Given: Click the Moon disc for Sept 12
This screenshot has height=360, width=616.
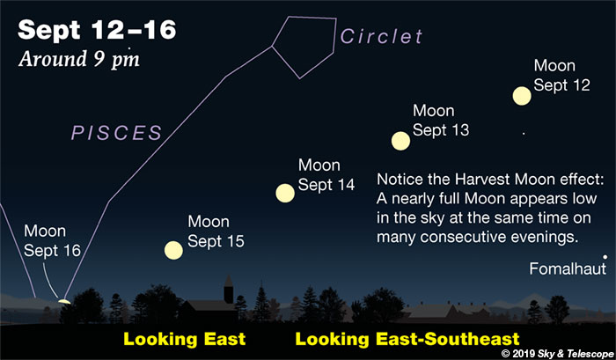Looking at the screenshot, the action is (x=522, y=96).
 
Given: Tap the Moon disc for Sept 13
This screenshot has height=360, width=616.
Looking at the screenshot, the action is (x=400, y=141).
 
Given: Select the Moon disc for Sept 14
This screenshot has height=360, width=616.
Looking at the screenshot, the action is (x=285, y=193).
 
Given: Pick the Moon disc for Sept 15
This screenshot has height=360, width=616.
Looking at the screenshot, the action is (x=173, y=250).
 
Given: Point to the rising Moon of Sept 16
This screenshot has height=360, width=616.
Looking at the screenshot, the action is (x=64, y=302).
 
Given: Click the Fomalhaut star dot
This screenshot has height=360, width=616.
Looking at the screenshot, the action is (x=605, y=257).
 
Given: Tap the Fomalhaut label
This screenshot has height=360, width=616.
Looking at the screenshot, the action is (x=568, y=268).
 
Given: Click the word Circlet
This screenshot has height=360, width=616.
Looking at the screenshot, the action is (x=381, y=36).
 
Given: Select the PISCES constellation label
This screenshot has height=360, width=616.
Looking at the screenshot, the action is (x=117, y=133).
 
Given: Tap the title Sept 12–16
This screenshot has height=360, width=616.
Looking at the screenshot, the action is (x=97, y=30).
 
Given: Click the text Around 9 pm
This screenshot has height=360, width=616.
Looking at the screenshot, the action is (x=79, y=59).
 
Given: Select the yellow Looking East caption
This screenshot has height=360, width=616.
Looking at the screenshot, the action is (x=184, y=339).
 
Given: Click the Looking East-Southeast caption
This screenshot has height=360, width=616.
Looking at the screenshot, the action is (x=407, y=339).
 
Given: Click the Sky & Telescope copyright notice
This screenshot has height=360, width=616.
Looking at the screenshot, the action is (x=558, y=353).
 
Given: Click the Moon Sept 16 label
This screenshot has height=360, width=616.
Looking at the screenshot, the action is (x=52, y=240).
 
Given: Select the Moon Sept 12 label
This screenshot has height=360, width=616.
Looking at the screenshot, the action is (x=561, y=75).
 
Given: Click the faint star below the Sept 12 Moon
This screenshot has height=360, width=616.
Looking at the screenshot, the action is (x=524, y=133).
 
